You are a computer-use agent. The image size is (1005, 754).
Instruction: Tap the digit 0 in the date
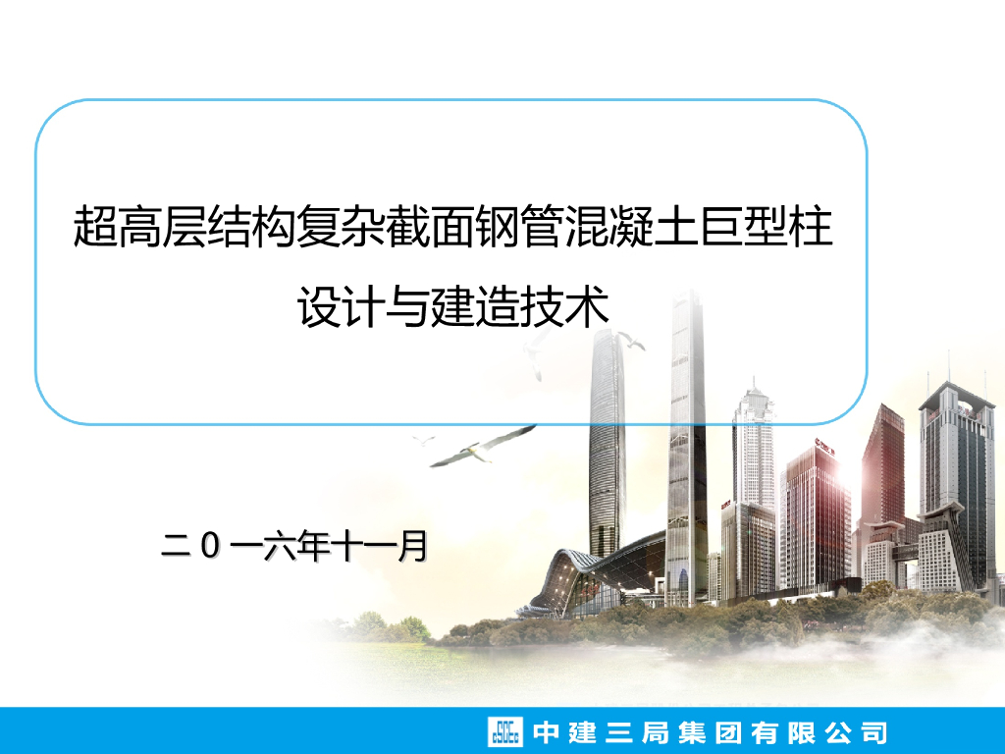pyautogui.click(x=208, y=547)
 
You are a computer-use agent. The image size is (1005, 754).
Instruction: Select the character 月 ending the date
pyautogui.click(x=412, y=547)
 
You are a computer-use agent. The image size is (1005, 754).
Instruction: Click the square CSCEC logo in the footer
pyautogui.click(x=506, y=732)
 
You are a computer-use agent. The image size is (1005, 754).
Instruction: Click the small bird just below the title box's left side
pyautogui.click(x=424, y=439)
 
